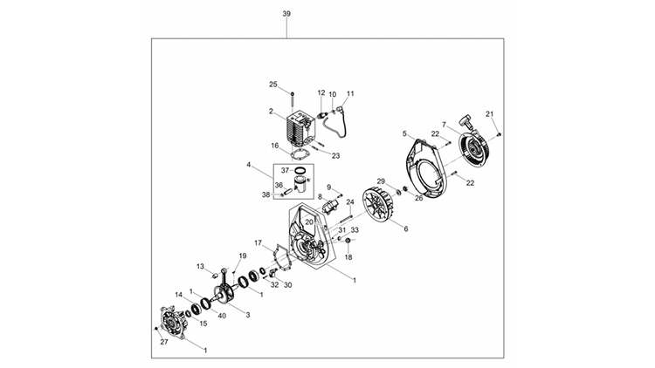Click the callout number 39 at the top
tap(287, 15)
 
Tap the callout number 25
tap(273, 85)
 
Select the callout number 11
tap(351, 93)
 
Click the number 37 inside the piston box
tap(285, 170)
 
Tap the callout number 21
tap(490, 113)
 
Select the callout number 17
tap(258, 242)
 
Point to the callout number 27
tap(163, 343)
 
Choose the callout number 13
tap(200, 266)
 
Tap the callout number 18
tap(348, 257)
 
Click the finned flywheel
tap(386, 205)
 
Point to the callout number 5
tap(404, 133)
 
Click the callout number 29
tap(381, 181)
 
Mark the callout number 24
tap(350, 202)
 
